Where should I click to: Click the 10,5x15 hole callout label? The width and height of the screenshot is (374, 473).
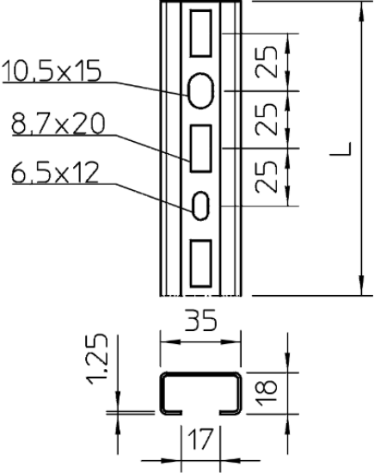point(52,71)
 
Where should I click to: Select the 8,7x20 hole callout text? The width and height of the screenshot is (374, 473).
point(58,123)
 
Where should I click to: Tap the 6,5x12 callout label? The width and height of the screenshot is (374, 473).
point(55,173)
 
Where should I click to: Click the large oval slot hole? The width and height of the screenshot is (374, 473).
point(201,90)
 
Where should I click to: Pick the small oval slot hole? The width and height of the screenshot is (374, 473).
point(201,206)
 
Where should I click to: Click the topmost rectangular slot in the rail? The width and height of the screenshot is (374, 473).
point(200,34)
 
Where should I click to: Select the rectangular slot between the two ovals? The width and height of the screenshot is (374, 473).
point(200,149)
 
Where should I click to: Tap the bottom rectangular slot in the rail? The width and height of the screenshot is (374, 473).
point(200,263)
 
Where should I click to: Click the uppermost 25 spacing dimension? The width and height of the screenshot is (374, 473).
point(266,62)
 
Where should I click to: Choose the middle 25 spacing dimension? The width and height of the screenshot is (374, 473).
point(266,120)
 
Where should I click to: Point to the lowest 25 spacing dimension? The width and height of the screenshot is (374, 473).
point(266,177)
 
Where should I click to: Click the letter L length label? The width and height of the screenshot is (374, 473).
point(340,149)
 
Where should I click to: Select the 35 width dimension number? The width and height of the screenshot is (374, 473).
point(201,320)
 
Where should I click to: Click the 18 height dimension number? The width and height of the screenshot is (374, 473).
point(267,391)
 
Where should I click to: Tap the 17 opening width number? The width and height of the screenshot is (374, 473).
point(200,439)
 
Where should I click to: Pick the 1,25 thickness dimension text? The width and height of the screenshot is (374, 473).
point(97,359)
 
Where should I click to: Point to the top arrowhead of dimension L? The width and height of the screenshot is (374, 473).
point(361,11)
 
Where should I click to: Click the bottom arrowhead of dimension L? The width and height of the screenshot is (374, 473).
point(361,285)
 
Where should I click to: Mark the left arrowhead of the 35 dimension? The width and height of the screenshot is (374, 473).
point(170,341)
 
